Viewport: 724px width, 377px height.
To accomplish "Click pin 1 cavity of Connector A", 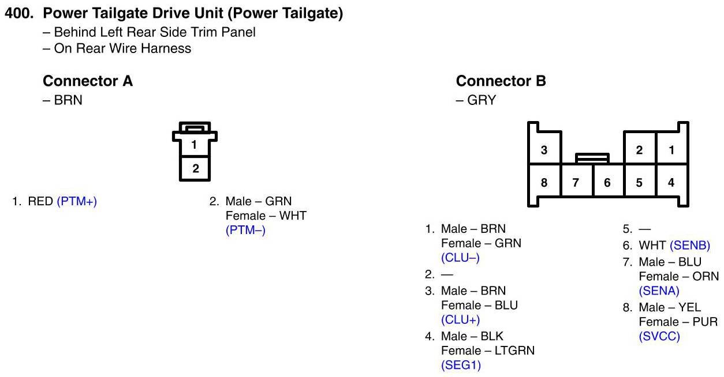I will (195, 145).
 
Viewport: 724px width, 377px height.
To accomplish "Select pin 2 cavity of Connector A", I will (195, 168).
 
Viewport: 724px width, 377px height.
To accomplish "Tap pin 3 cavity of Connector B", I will (544, 150).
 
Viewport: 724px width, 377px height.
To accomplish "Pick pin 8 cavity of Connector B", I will (544, 183).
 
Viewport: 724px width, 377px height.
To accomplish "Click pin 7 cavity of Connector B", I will (576, 183).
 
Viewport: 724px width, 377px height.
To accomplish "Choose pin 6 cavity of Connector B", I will (607, 183).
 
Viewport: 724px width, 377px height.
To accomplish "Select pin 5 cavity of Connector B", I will (639, 183).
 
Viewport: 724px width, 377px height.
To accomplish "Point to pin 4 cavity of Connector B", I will (671, 183).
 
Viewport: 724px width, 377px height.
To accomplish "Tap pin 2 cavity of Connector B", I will (639, 150).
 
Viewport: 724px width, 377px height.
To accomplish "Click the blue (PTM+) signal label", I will (77, 202).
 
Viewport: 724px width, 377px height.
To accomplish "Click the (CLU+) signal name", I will (461, 320).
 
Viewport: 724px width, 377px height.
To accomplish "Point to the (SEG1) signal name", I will (461, 365).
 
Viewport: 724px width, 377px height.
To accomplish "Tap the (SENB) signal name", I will (690, 246).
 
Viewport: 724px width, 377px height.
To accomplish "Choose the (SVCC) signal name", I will (659, 337).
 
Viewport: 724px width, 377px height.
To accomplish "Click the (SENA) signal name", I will (659, 291).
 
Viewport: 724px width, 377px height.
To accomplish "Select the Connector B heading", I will (501, 81).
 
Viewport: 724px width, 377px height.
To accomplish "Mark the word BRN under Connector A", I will (68, 100).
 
